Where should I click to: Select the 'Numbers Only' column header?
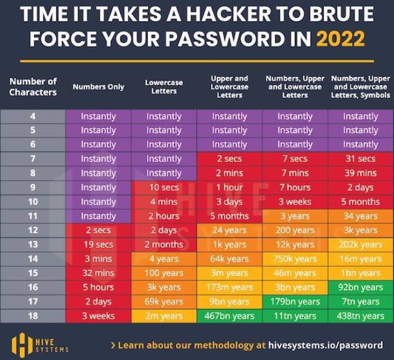tap(98, 87)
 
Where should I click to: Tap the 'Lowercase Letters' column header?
tap(164, 87)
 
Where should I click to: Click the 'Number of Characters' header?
tap(33, 87)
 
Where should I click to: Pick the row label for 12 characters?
tap(33, 230)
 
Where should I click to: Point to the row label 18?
tap(33, 316)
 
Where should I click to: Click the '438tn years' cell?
tap(360, 316)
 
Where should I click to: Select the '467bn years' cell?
tap(230, 316)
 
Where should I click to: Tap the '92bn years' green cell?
tap(360, 287)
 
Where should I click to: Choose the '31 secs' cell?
tap(360, 159)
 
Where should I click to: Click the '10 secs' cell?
tap(164, 187)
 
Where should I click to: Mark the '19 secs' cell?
tap(98, 244)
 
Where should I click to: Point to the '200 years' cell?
tap(295, 230)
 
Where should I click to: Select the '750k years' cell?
tap(295, 258)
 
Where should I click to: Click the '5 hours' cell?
tap(98, 287)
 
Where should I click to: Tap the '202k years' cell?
tap(360, 244)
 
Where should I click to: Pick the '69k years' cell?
tap(164, 302)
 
